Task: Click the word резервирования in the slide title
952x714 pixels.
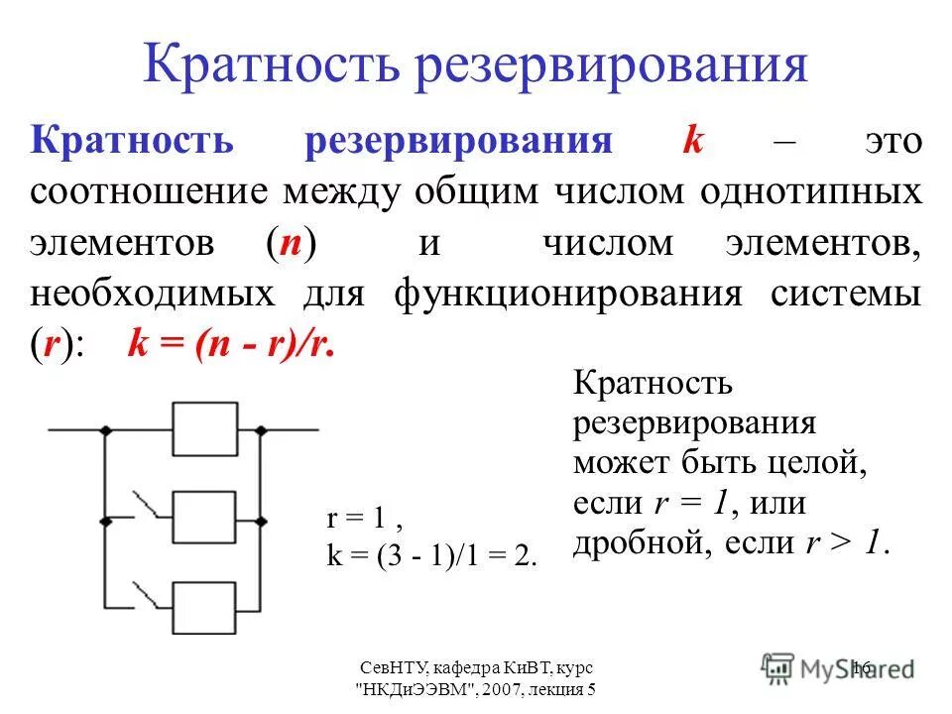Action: pos(608,64)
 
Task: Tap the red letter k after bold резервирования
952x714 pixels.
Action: pos(692,140)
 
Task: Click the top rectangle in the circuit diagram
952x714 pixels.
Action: pos(206,428)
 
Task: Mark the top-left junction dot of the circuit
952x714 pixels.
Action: pos(104,429)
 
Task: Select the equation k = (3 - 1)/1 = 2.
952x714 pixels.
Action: pos(431,556)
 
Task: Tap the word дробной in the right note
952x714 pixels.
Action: pos(624,543)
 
